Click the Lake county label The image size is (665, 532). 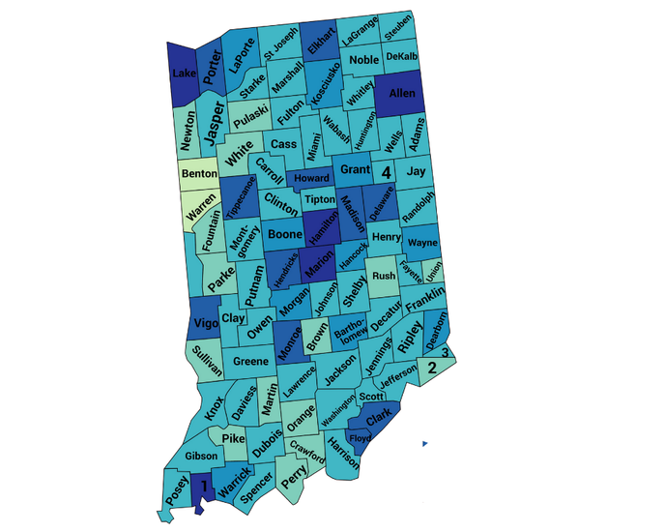tap(183, 74)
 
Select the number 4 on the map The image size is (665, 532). tap(386, 173)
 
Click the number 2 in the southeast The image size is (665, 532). tap(432, 368)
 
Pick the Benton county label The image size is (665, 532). tap(199, 174)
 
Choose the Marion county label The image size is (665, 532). tap(319, 270)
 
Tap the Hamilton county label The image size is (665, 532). tap(323, 229)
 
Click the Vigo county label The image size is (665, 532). tap(205, 323)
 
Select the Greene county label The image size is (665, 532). tap(250, 362)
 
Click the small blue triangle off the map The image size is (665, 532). tap(423, 443)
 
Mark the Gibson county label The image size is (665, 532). tap(201, 456)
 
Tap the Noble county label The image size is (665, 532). tap(364, 61)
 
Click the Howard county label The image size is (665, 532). tap(311, 179)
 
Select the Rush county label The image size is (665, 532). tap(384, 276)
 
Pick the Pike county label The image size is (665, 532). tap(233, 439)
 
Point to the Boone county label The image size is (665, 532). tap(285, 234)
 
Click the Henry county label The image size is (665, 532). tap(386, 237)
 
